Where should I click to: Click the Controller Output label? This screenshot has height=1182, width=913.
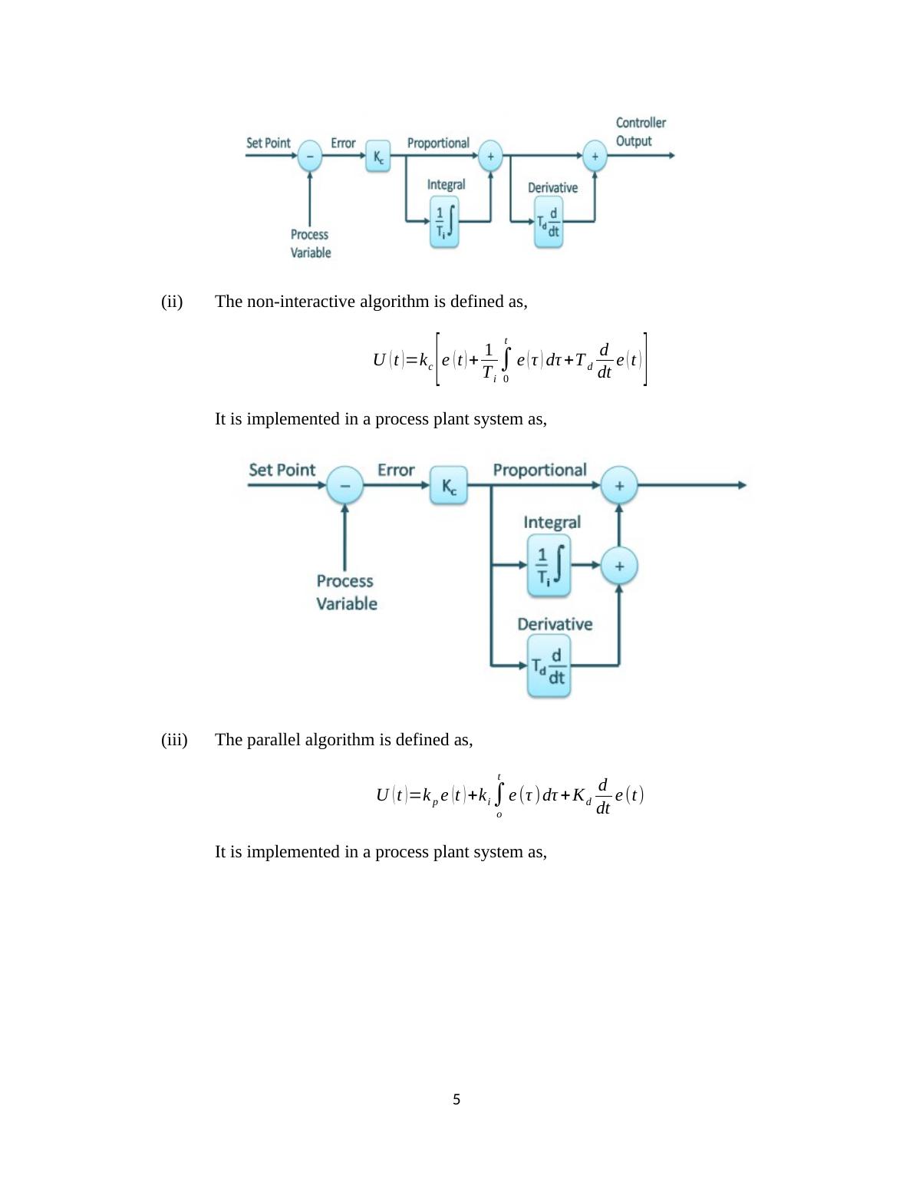(641, 132)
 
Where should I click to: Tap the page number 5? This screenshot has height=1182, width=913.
(457, 1099)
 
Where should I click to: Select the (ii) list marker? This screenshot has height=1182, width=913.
(172, 301)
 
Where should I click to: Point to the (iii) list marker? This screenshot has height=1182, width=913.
(174, 739)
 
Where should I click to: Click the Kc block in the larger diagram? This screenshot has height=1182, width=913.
(449, 485)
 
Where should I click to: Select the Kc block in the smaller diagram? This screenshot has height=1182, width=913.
(378, 156)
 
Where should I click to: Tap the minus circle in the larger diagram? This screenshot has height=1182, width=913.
(345, 486)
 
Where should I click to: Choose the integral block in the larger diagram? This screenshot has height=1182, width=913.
(549, 565)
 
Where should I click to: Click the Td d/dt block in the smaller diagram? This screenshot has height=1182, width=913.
(549, 223)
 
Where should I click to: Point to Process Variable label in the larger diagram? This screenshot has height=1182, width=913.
(346, 592)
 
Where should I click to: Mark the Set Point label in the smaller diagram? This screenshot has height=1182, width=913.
(269, 143)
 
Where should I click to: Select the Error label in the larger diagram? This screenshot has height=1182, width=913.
(396, 470)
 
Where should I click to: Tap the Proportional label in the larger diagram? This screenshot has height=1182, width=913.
(539, 470)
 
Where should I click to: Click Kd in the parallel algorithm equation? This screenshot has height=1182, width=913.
(581, 795)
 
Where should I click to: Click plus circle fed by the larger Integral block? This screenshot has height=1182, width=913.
(619, 566)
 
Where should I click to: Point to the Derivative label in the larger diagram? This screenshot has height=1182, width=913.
(555, 624)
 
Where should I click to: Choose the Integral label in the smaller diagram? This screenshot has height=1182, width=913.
(446, 184)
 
